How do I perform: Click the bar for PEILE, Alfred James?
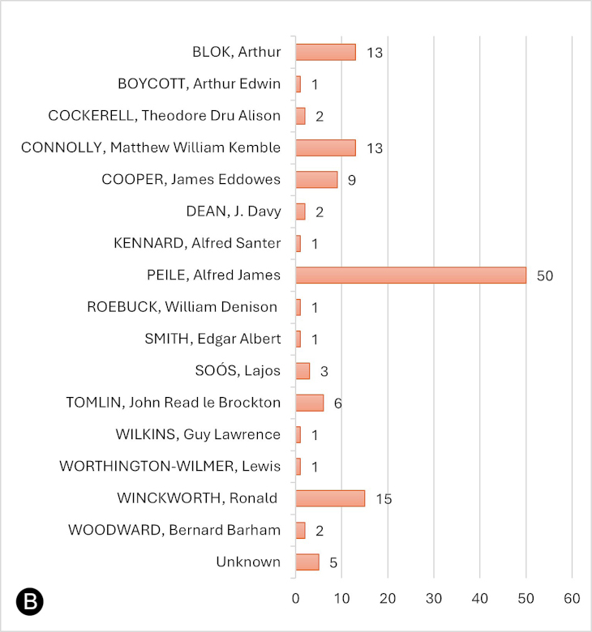[410, 275]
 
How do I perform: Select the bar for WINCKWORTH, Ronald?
[330, 498]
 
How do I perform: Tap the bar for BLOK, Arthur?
[325, 53]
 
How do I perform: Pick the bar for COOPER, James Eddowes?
[316, 180]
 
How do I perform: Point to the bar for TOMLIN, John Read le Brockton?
[309, 403]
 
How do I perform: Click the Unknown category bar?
[307, 562]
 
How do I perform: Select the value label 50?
[544, 276]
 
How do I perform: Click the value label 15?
[384, 499]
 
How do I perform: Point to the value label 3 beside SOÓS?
[324, 372]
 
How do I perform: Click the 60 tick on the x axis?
[573, 598]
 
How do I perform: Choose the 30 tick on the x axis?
[434, 598]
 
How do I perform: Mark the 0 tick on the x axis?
[296, 598]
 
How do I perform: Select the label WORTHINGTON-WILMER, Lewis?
[170, 466]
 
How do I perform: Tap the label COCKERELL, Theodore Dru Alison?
[165, 116]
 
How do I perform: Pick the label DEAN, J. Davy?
[234, 211]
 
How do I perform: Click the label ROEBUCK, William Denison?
[182, 307]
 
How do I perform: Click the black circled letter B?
[29, 602]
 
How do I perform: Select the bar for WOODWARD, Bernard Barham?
[300, 530]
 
